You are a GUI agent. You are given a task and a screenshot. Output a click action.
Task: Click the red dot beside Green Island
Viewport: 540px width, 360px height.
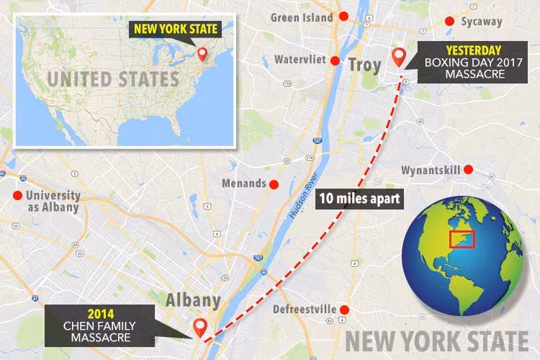coord(344,16)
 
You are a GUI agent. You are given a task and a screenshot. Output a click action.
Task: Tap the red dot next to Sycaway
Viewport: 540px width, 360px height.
coord(450,21)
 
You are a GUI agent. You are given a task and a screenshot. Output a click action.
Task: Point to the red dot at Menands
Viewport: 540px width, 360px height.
coord(273,184)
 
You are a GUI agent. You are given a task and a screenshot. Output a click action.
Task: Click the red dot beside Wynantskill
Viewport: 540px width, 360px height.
coord(468,170)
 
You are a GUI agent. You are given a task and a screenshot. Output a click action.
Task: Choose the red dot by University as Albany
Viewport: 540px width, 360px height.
coord(17,195)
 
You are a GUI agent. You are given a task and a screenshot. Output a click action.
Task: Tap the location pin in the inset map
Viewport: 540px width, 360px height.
coord(202,55)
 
